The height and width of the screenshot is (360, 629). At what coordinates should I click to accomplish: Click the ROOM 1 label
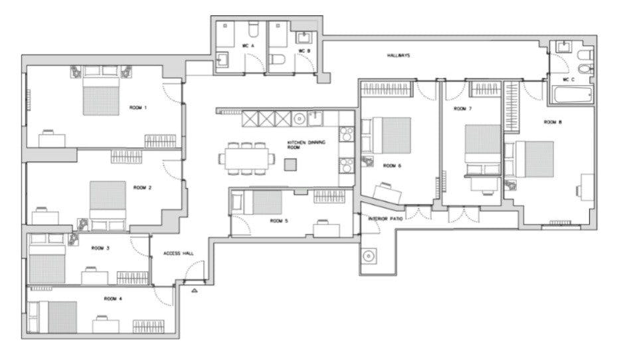coord(138,108)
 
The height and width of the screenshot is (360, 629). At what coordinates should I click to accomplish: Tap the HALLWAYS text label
coord(399,55)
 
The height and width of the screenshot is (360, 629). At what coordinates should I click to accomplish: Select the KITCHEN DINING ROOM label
coord(306,145)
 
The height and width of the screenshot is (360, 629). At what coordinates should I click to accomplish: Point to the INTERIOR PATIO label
coord(385,219)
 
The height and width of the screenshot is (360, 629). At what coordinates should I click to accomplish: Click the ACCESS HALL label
coord(179,254)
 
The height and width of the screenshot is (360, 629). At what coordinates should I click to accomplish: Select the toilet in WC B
coord(277,60)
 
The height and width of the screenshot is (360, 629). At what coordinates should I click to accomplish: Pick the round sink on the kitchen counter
coord(300,119)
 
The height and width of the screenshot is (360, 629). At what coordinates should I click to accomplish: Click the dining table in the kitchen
coord(246,159)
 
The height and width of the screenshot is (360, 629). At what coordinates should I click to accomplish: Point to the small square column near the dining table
coord(291,165)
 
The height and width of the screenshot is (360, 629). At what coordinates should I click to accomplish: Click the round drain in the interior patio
coord(369,256)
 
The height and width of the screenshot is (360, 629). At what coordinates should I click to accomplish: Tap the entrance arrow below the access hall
coord(195,290)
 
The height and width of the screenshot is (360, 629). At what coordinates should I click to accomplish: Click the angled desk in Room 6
coord(387,193)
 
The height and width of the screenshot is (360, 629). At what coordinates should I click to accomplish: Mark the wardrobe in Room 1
coord(161,141)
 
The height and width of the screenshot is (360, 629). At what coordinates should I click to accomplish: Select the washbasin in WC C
coord(565,46)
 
